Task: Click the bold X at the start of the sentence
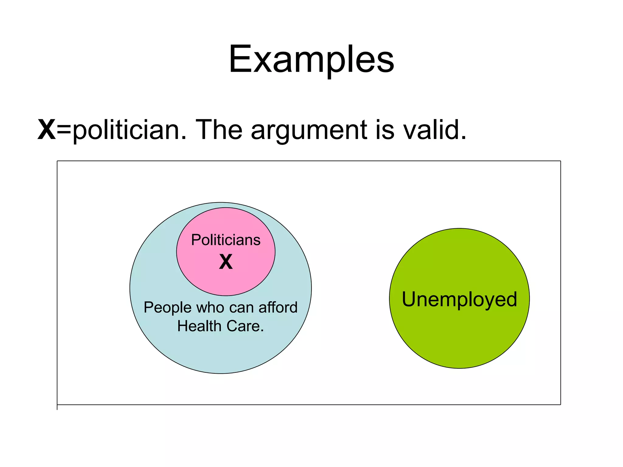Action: click(47, 130)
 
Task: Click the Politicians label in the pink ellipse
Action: click(226, 240)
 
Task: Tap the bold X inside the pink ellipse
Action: click(226, 262)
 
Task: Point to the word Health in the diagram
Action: click(199, 326)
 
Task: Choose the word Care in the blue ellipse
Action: click(243, 326)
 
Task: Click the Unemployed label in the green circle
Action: click(459, 299)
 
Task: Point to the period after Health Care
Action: click(262, 331)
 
